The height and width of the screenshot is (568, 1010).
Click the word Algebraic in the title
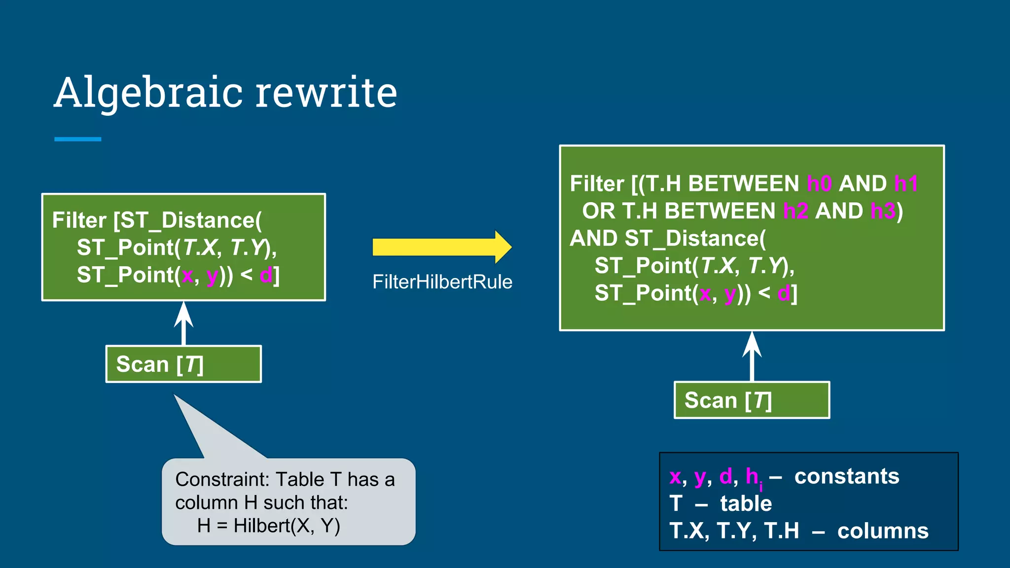pyautogui.click(x=148, y=92)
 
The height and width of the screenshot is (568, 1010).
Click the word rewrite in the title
pyautogui.click(x=326, y=92)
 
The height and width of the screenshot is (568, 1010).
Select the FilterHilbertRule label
pyautogui.click(x=442, y=282)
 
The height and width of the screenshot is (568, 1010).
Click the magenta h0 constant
pyautogui.click(x=819, y=184)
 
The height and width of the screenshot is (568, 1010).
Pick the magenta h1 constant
pyautogui.click(x=906, y=184)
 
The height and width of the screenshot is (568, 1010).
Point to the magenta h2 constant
pyautogui.click(x=795, y=211)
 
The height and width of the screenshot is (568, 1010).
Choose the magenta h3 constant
pyautogui.click(x=883, y=211)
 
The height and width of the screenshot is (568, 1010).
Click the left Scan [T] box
pyautogui.click(x=183, y=364)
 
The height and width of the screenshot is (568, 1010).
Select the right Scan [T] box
pyautogui.click(x=752, y=400)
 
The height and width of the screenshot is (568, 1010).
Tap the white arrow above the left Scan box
pyautogui.click(x=183, y=323)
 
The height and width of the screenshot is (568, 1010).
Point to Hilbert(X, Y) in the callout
pyautogui.click(x=287, y=526)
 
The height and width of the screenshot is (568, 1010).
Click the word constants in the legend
pyautogui.click(x=847, y=476)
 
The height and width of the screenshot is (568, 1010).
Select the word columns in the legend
pyautogui.click(x=883, y=531)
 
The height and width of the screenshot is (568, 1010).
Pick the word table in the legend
pyautogui.click(x=746, y=503)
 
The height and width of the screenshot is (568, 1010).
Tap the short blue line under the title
pyautogui.click(x=77, y=140)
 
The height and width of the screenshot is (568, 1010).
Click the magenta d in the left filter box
pyautogui.click(x=265, y=275)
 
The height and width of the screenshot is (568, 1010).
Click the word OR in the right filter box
pyautogui.click(x=598, y=211)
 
